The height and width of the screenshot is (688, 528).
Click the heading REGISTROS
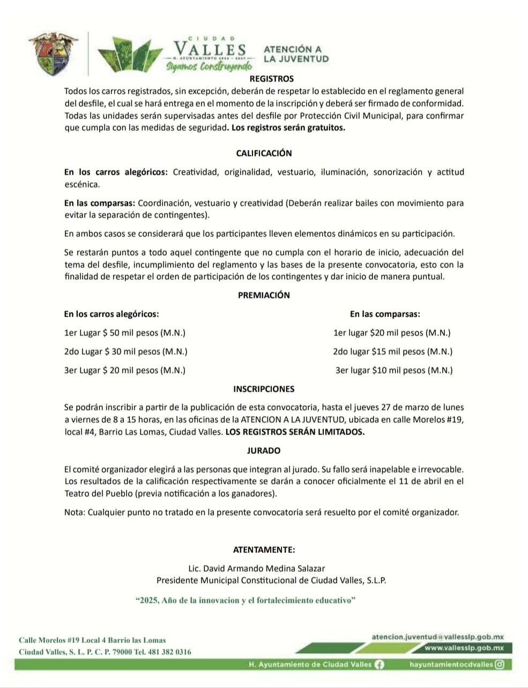tap(271, 79)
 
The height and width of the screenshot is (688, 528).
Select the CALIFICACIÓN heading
tap(264, 153)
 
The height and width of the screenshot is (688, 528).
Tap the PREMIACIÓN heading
tap(264, 295)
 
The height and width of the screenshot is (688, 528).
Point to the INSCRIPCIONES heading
tap(264, 389)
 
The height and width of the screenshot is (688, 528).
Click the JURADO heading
tap(264, 451)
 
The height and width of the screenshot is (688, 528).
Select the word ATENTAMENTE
tap(264, 550)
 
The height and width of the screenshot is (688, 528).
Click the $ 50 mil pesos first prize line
tap(124, 333)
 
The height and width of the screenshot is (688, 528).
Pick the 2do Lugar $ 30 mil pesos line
tap(125, 352)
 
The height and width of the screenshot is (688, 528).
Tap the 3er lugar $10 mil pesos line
tap(394, 370)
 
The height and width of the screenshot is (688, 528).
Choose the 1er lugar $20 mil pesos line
tap(392, 333)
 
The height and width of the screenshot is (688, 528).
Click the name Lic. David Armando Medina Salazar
tap(257, 569)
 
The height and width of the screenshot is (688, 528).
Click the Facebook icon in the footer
tap(379, 664)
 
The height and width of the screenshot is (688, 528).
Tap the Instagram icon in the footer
tap(500, 664)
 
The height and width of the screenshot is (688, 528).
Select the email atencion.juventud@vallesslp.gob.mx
tap(437, 637)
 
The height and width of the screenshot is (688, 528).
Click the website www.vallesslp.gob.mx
tap(464, 648)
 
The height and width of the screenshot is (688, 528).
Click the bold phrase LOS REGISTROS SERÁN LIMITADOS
tap(295, 432)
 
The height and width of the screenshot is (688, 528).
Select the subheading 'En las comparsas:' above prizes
tap(385, 314)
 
